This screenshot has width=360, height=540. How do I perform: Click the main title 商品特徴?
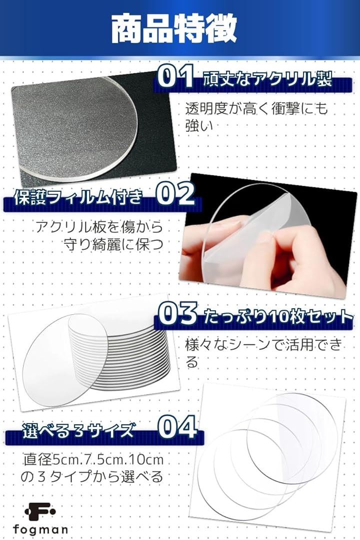174,28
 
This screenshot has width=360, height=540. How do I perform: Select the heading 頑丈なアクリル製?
267,79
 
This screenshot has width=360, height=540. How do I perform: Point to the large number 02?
175,194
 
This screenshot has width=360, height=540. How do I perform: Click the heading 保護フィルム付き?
78,196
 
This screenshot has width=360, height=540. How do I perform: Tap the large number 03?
178,313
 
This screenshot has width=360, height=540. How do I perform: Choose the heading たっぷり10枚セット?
278,317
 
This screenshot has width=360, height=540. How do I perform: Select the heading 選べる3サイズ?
78,430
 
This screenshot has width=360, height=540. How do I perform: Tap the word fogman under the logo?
40,530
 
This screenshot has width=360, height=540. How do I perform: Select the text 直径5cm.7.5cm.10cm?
93,460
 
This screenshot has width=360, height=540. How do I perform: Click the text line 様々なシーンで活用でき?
264,344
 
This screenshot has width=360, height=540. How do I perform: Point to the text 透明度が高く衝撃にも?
256,108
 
